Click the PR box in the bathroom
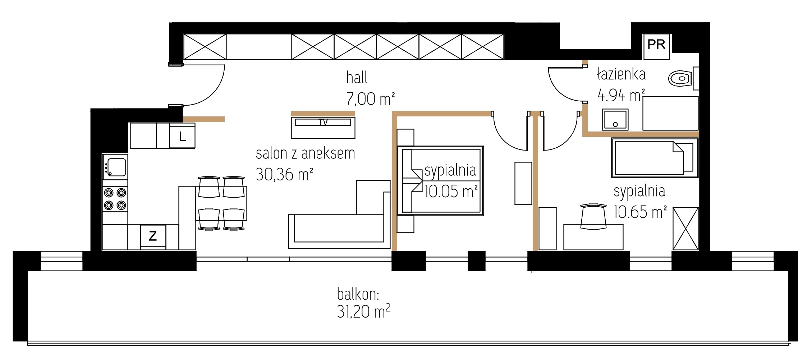(656, 46)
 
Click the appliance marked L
(182, 136)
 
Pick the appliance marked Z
(153, 236)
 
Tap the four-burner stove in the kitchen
(115, 199)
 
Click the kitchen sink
(115, 167)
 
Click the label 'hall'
(357, 78)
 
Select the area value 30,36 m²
(284, 175)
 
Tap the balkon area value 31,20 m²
(363, 311)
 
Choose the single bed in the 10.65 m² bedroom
(655, 158)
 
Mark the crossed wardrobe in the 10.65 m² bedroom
(685, 229)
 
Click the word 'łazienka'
(621, 74)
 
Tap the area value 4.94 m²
(621, 96)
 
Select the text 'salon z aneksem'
(305, 153)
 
